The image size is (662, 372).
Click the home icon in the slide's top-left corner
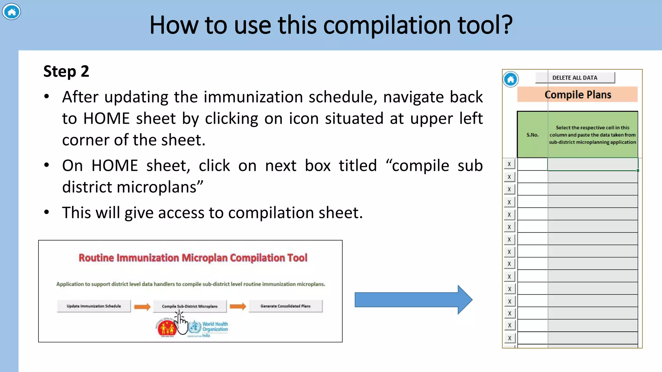point(11,12)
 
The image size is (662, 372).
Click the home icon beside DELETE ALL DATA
point(510,79)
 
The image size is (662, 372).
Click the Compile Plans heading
point(578,95)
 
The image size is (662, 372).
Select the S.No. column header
point(532,135)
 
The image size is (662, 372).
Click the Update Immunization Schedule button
point(94,306)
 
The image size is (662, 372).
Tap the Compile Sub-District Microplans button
point(190,306)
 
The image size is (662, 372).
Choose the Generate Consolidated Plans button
point(285,306)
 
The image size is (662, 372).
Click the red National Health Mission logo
point(166,328)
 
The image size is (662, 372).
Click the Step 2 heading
point(66,71)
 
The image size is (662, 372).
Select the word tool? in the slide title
point(485,25)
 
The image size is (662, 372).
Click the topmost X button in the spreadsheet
point(509,164)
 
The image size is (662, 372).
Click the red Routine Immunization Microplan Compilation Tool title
point(193,258)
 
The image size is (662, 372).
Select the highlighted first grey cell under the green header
point(593,164)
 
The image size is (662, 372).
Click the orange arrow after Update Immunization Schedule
point(142,306)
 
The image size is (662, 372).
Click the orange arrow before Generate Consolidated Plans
point(238,306)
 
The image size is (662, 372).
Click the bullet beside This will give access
point(47,212)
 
